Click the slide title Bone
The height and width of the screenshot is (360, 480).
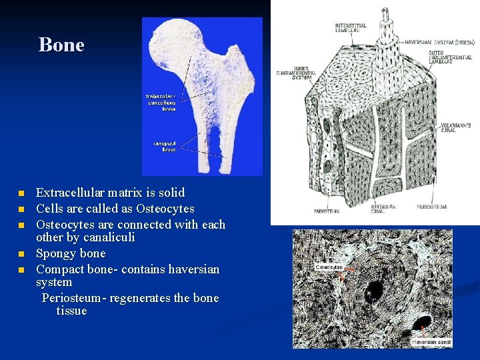click(x=61, y=45)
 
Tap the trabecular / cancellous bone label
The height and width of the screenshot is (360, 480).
click(x=161, y=102)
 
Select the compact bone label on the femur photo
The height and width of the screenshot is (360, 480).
click(x=165, y=146)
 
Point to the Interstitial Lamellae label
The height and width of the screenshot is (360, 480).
click(x=351, y=27)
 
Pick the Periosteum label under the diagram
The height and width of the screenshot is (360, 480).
click(x=431, y=207)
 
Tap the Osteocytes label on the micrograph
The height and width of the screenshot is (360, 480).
click(x=329, y=268)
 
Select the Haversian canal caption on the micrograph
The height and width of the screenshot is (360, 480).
click(x=431, y=342)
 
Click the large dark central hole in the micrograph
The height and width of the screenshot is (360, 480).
click(x=374, y=290)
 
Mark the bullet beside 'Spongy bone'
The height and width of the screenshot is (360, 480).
click(x=20, y=254)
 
